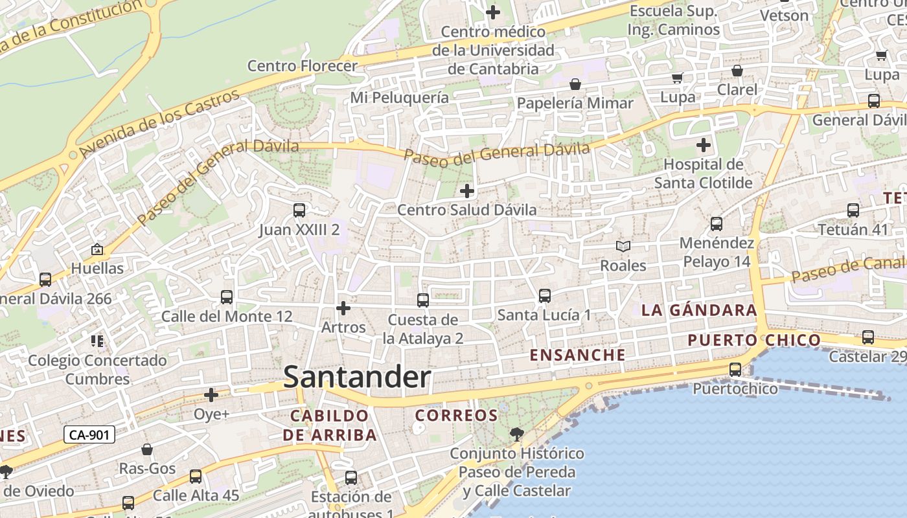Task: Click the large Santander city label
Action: tap(357, 377)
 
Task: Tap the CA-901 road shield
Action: tap(89, 435)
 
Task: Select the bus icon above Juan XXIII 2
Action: tap(299, 210)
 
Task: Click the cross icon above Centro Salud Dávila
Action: tap(466, 191)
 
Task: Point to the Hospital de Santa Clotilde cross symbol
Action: tap(703, 145)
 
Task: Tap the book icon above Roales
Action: tap(623, 247)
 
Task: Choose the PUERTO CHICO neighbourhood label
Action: tap(754, 341)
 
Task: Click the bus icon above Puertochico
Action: tap(735, 370)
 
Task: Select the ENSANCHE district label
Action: tap(578, 355)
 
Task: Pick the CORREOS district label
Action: tap(456, 416)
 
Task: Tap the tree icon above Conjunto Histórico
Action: tap(516, 434)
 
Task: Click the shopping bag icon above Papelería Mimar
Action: tap(575, 84)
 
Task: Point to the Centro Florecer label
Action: tap(303, 66)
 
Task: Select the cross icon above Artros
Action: tap(343, 308)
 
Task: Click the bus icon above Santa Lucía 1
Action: tap(544, 296)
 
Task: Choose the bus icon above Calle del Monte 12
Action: tap(226, 297)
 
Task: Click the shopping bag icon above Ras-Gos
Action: tap(147, 449)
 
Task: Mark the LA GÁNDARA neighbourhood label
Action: tap(699, 310)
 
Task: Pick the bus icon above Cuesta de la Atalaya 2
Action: tap(422, 300)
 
